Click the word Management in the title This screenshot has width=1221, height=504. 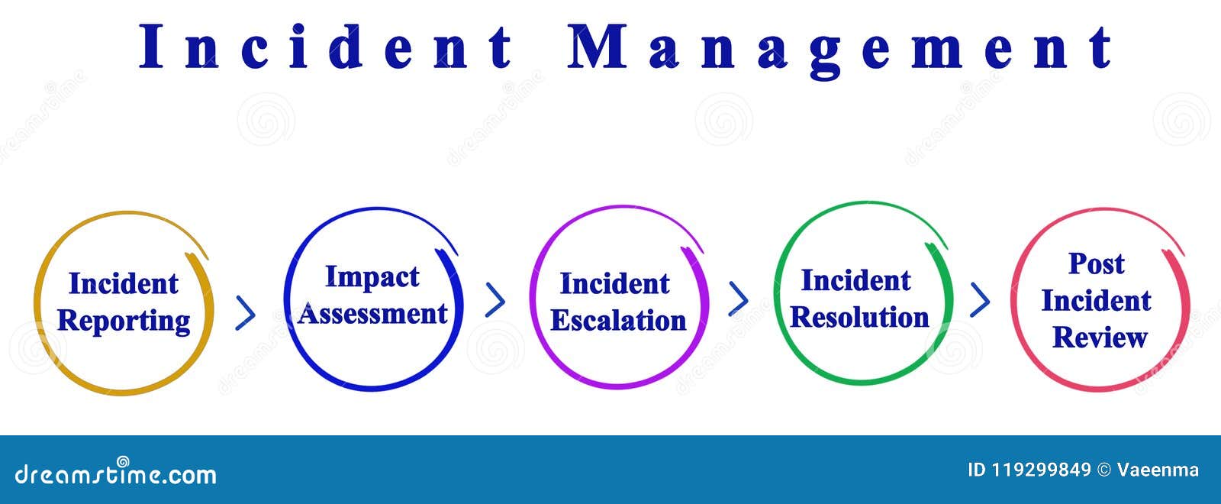click(x=840, y=47)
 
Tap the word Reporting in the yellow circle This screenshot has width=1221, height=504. click(x=124, y=321)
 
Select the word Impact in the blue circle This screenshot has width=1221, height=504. click(x=372, y=277)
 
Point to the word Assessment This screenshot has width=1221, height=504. click(x=372, y=313)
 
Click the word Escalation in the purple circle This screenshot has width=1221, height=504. click(x=618, y=321)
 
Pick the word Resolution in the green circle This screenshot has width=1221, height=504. click(x=859, y=317)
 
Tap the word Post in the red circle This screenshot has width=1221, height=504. click(x=1096, y=263)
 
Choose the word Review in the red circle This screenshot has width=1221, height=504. click(x=1100, y=337)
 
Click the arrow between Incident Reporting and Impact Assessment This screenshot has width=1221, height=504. click(x=245, y=312)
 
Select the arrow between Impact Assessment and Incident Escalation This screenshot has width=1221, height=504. click(x=495, y=300)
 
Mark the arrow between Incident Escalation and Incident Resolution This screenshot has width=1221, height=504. click(x=738, y=299)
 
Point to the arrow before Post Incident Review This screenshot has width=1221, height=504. click(x=980, y=299)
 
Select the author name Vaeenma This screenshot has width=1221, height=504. click(x=1158, y=470)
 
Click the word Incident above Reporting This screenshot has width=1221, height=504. click(x=123, y=284)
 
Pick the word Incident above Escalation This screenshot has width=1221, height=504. click(x=614, y=284)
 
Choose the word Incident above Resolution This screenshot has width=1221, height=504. click(x=855, y=281)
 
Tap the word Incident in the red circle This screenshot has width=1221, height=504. click(x=1096, y=301)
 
